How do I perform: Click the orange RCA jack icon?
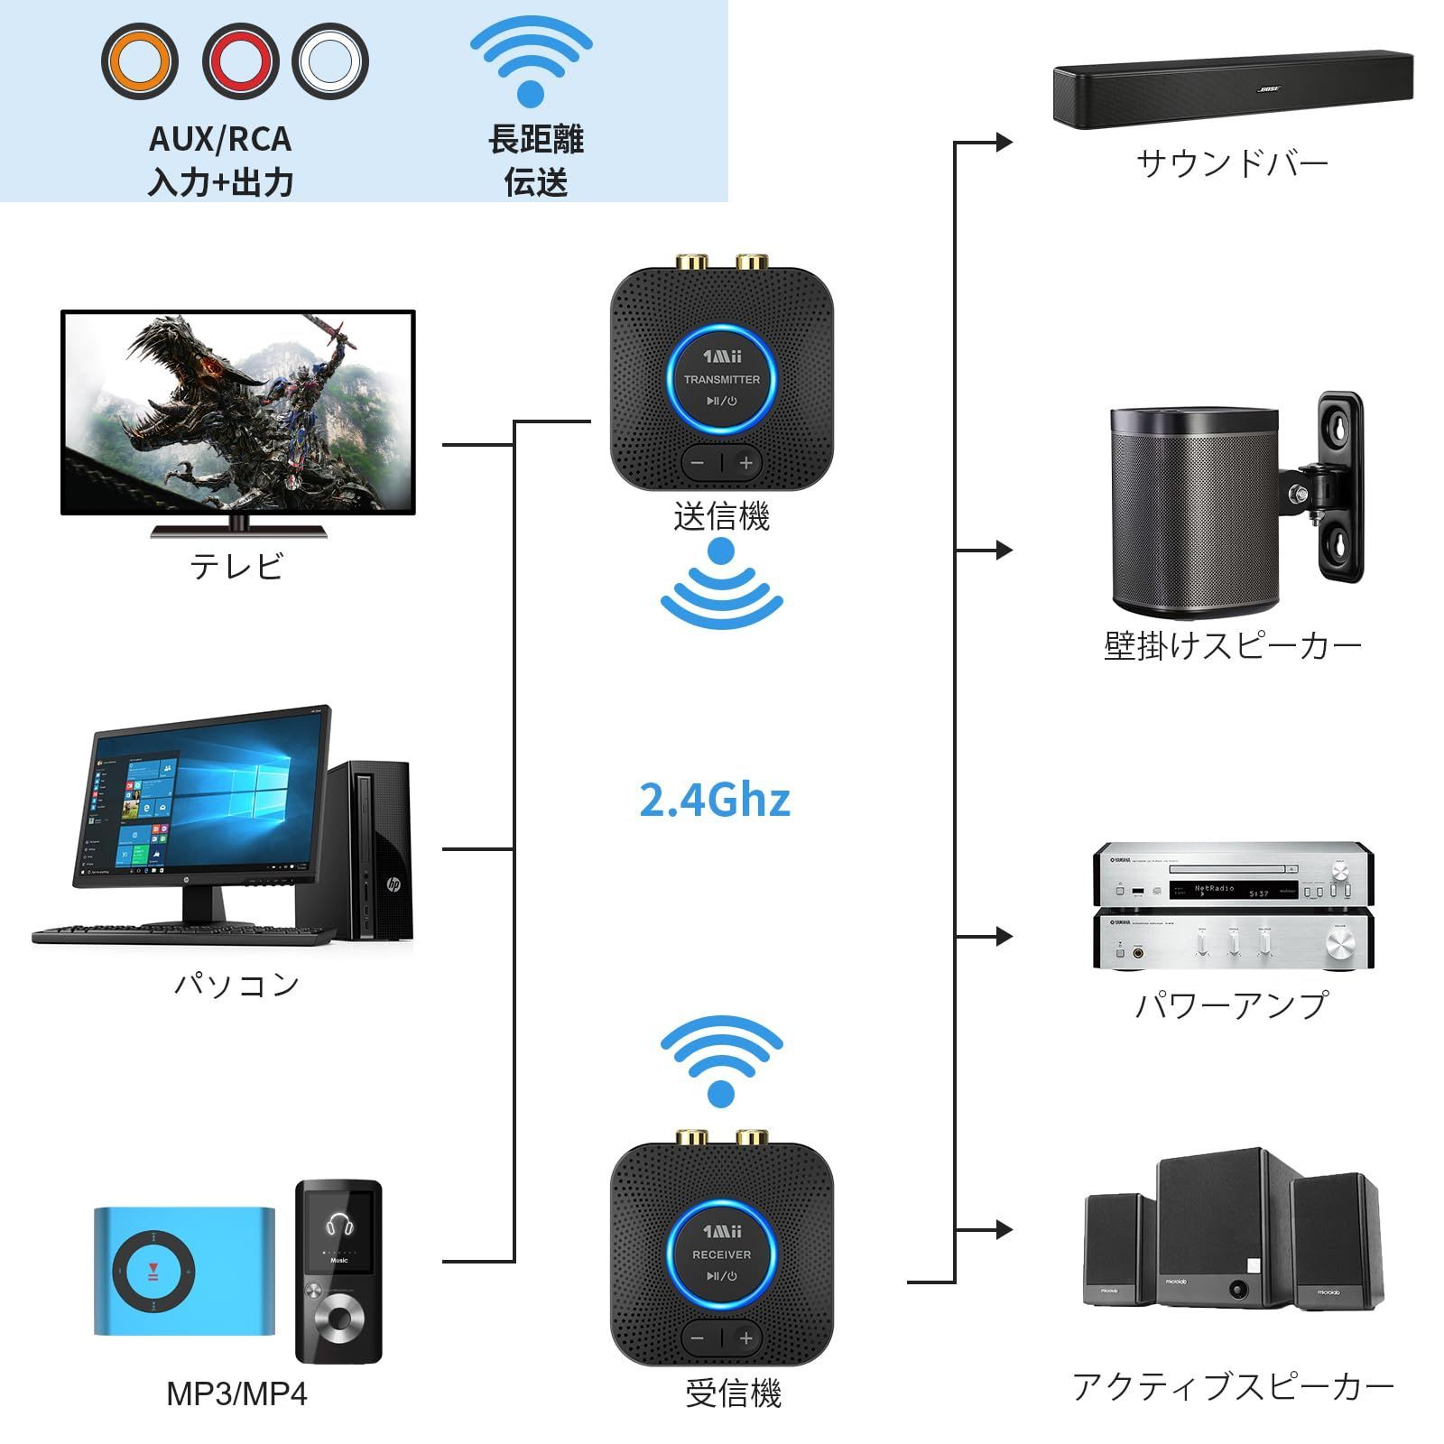coord(139,61)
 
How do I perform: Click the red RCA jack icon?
coord(239,61)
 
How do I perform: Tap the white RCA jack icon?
coord(330,61)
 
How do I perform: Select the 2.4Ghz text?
coord(714,800)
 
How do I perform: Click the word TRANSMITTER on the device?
coord(721,380)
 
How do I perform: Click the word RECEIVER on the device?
coord(721,1254)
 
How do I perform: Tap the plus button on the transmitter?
coord(746,463)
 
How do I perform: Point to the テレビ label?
coord(236,566)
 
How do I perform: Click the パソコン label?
coord(236,984)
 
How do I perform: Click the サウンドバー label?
coord(1232,164)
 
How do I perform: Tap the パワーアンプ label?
coord(1232,1004)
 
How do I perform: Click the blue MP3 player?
coord(184,1271)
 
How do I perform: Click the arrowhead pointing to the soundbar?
coord(1004,142)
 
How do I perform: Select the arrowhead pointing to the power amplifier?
coord(1004,937)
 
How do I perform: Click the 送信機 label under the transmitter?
coord(721,517)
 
